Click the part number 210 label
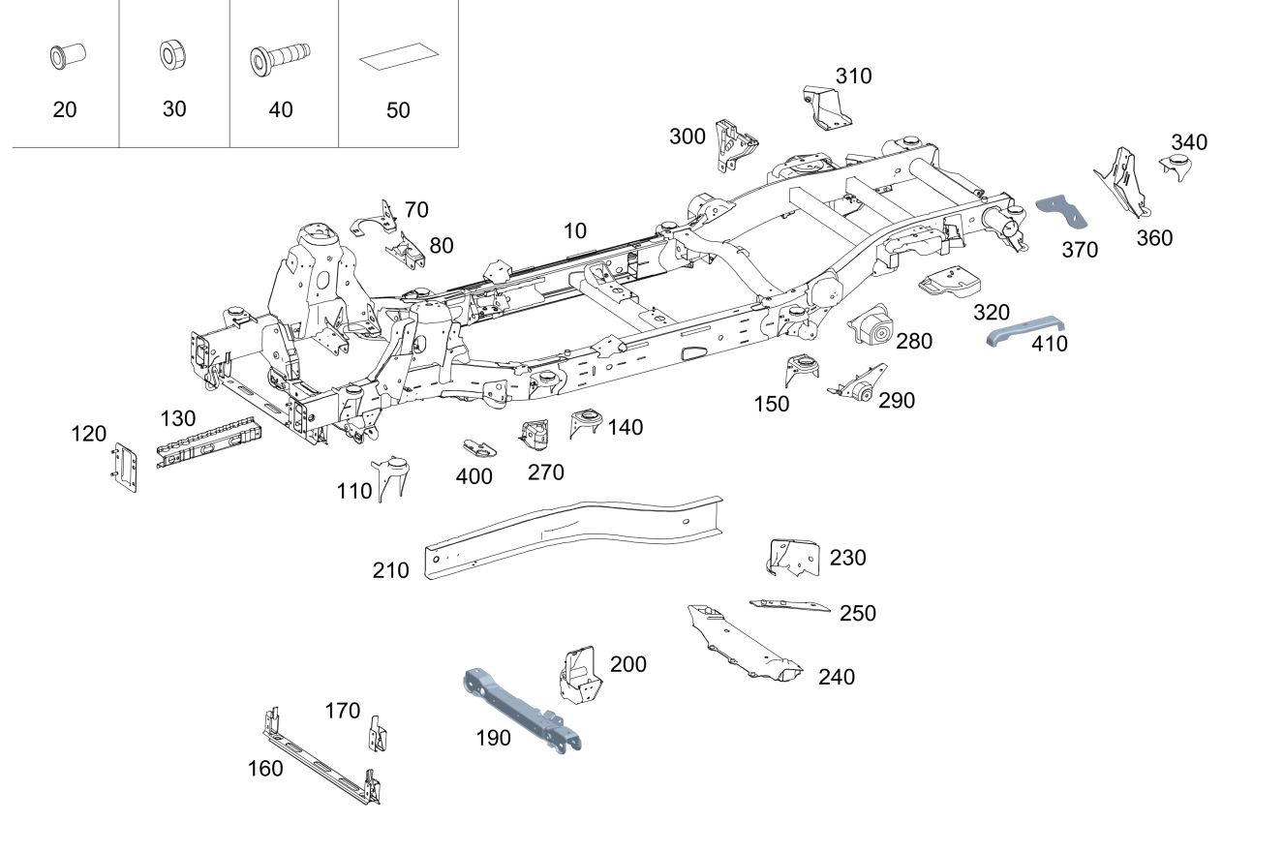tap(391, 571)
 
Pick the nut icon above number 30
tap(173, 56)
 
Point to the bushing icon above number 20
tap(64, 57)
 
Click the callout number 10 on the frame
tap(575, 231)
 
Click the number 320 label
tap(992, 313)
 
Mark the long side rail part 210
tap(571, 537)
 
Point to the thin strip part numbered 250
tap(789, 605)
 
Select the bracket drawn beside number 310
tap(825, 107)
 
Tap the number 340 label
tap(1189, 142)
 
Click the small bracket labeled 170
tap(377, 735)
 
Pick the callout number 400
tap(474, 476)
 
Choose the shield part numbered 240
tap(742, 643)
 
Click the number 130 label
tap(178, 419)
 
